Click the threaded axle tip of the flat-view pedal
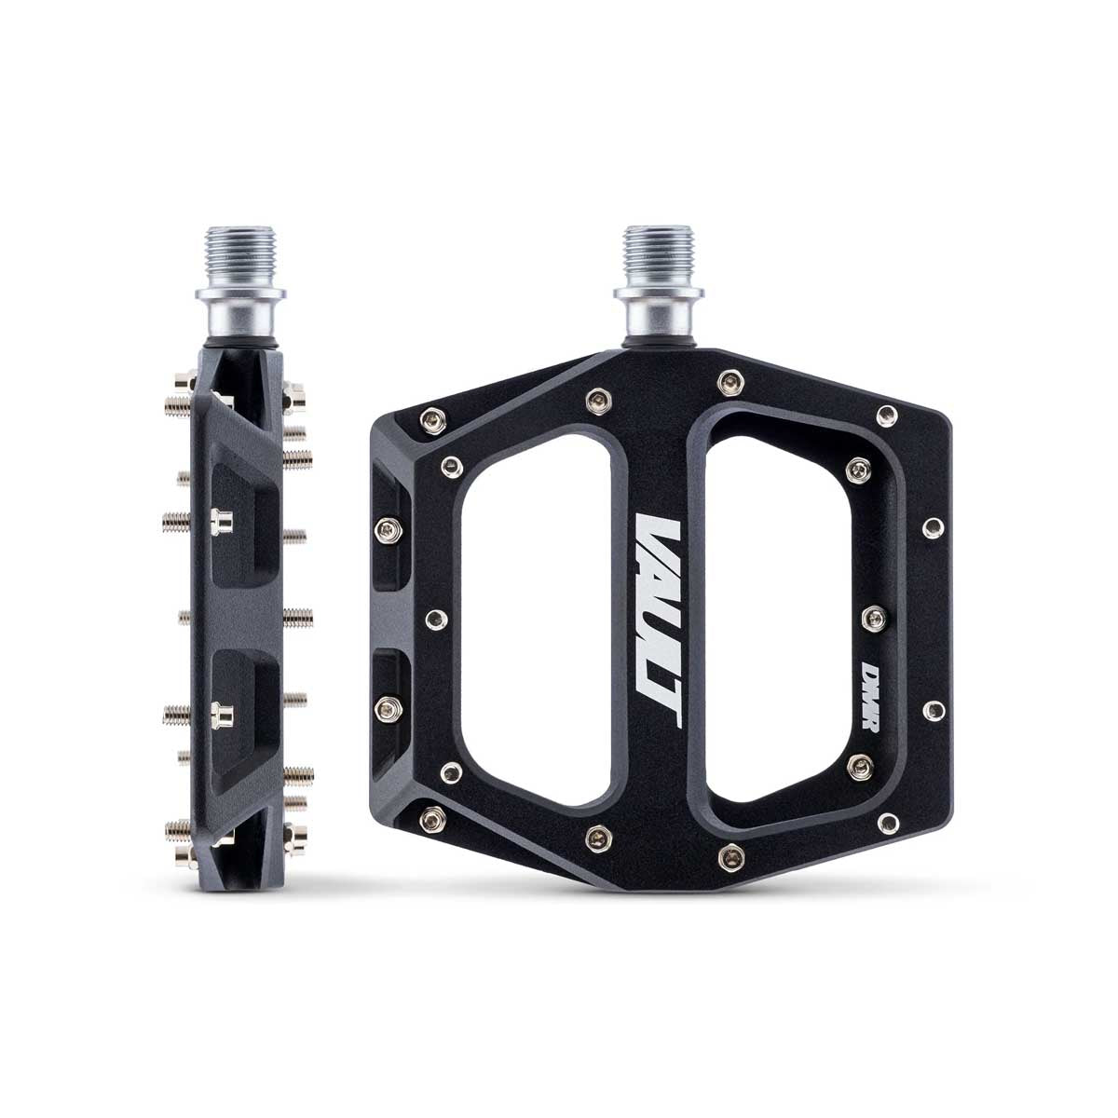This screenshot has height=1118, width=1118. tap(659, 253)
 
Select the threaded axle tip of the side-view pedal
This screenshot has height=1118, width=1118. tap(240, 253)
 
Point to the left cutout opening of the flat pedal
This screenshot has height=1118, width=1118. tap(538, 618)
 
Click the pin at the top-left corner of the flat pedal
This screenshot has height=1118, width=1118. tap(433, 420)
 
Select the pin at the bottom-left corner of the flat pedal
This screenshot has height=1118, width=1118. tap(433, 819)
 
